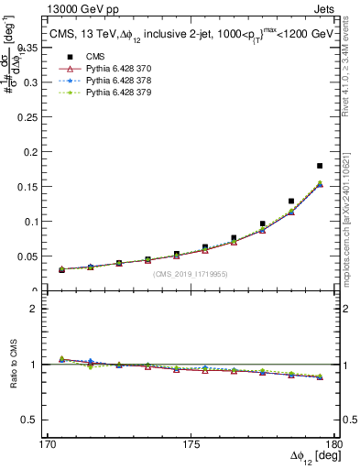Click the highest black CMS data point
coord(320,166)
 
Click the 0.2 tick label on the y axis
coord(38,152)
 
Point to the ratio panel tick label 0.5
coord(38,420)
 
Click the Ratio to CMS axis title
coord(14,365)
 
